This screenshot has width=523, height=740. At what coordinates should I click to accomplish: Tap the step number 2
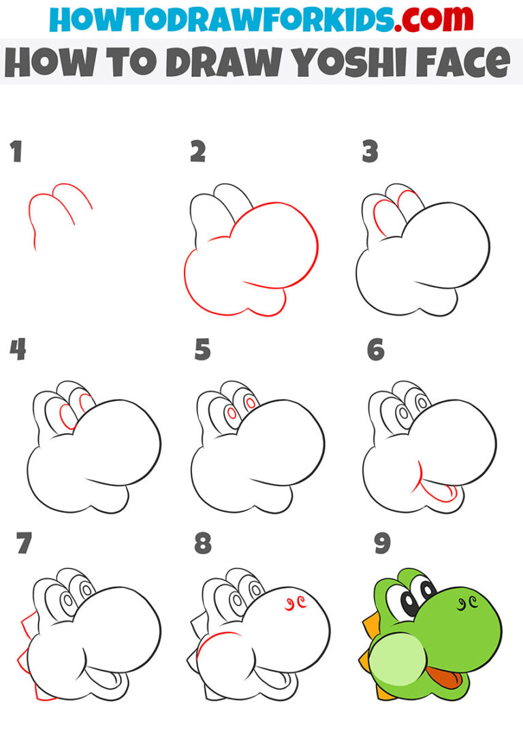coord(197,152)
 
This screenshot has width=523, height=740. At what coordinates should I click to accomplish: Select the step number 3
coord(370,152)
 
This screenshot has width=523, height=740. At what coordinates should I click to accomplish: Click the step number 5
coord(202,350)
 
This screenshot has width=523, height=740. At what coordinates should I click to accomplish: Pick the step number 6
coord(376,350)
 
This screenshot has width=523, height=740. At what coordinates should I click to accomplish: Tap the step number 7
coord(25,543)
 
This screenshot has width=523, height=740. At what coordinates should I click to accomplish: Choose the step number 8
coord(202,544)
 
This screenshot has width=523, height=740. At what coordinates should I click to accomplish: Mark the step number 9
coord(382,544)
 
